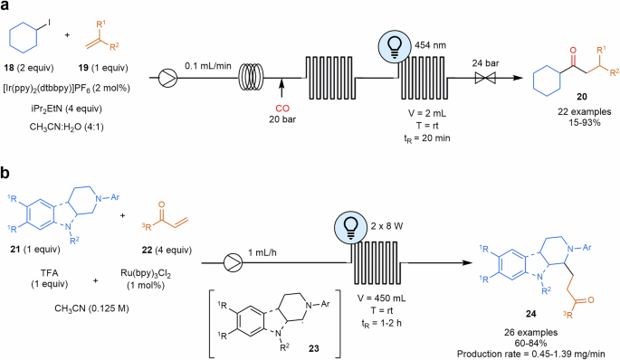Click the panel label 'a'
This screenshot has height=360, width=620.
pos(6,8)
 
